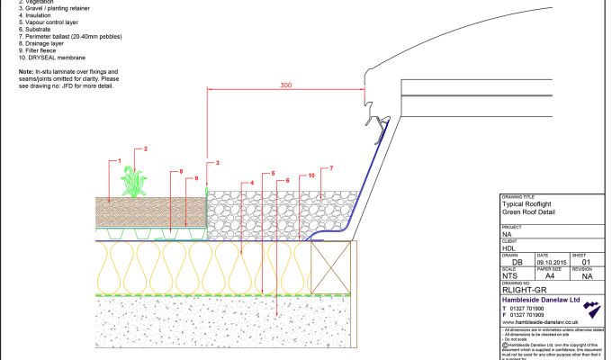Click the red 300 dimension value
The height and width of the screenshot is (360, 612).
pyautogui.click(x=284, y=85)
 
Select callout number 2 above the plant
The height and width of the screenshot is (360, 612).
pyautogui.click(x=145, y=148)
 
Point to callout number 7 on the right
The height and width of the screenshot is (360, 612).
pyautogui.click(x=331, y=168)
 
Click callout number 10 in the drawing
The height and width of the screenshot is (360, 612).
pyautogui.click(x=310, y=175)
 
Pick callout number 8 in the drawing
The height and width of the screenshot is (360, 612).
pyautogui.click(x=180, y=170)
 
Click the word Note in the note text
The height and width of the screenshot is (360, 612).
pyautogui.click(x=26, y=71)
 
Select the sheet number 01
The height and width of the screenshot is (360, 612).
pyautogui.click(x=586, y=263)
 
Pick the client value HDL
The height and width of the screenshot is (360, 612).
pyautogui.click(x=508, y=247)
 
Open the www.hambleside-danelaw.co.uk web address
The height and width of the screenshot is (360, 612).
pyautogui.click(x=539, y=322)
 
